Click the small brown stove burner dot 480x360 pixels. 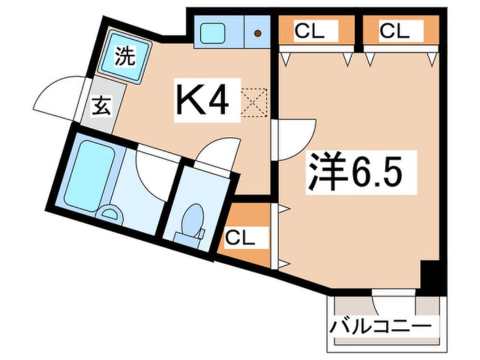pyautogui.click(x=258, y=33)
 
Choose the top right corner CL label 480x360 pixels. pyautogui.click(x=394, y=31)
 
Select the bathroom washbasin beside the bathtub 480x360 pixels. pyautogui.click(x=110, y=215)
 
